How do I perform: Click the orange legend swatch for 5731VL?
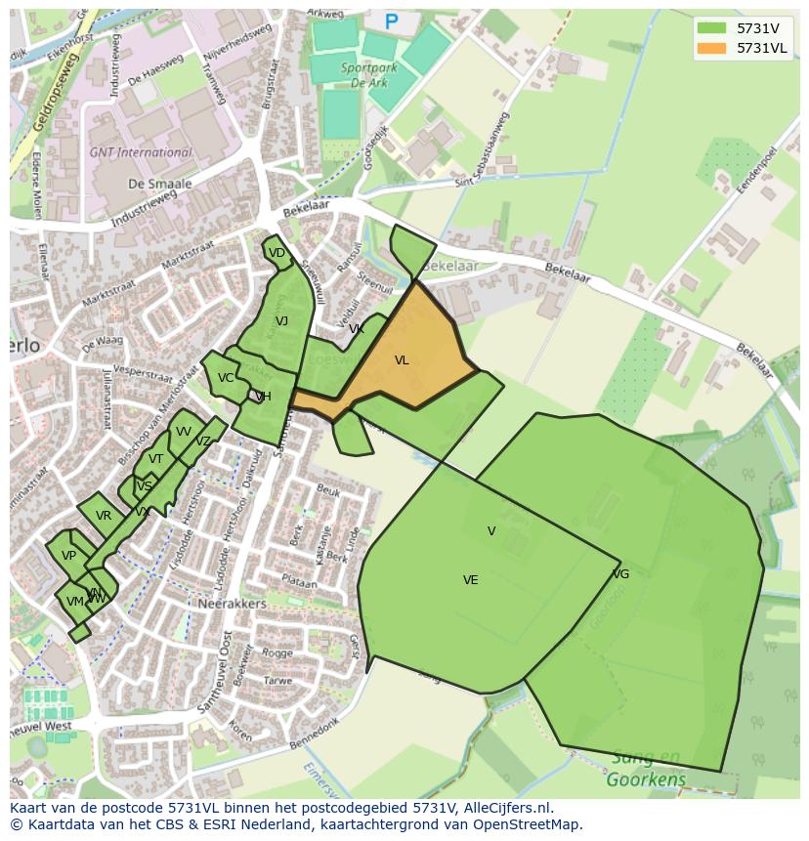pyautogui.click(x=712, y=48)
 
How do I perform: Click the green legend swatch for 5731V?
pyautogui.click(x=712, y=28)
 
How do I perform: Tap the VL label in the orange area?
pyautogui.click(x=402, y=360)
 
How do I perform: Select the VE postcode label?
pyautogui.click(x=471, y=580)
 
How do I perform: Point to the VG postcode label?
pyautogui.click(x=620, y=574)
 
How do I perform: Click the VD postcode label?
pyautogui.click(x=277, y=253)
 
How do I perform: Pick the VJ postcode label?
pyautogui.click(x=281, y=321)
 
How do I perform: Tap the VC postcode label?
pyautogui.click(x=226, y=378)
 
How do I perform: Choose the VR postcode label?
pyautogui.click(x=104, y=516)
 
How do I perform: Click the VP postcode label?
pyautogui.click(x=68, y=556)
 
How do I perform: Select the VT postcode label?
pyautogui.click(x=156, y=459)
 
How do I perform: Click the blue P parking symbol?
pyautogui.click(x=392, y=21)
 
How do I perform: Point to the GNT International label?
pyautogui.click(x=141, y=153)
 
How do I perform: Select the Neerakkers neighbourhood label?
pyautogui.click(x=233, y=605)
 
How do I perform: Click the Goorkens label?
pyautogui.click(x=646, y=779)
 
